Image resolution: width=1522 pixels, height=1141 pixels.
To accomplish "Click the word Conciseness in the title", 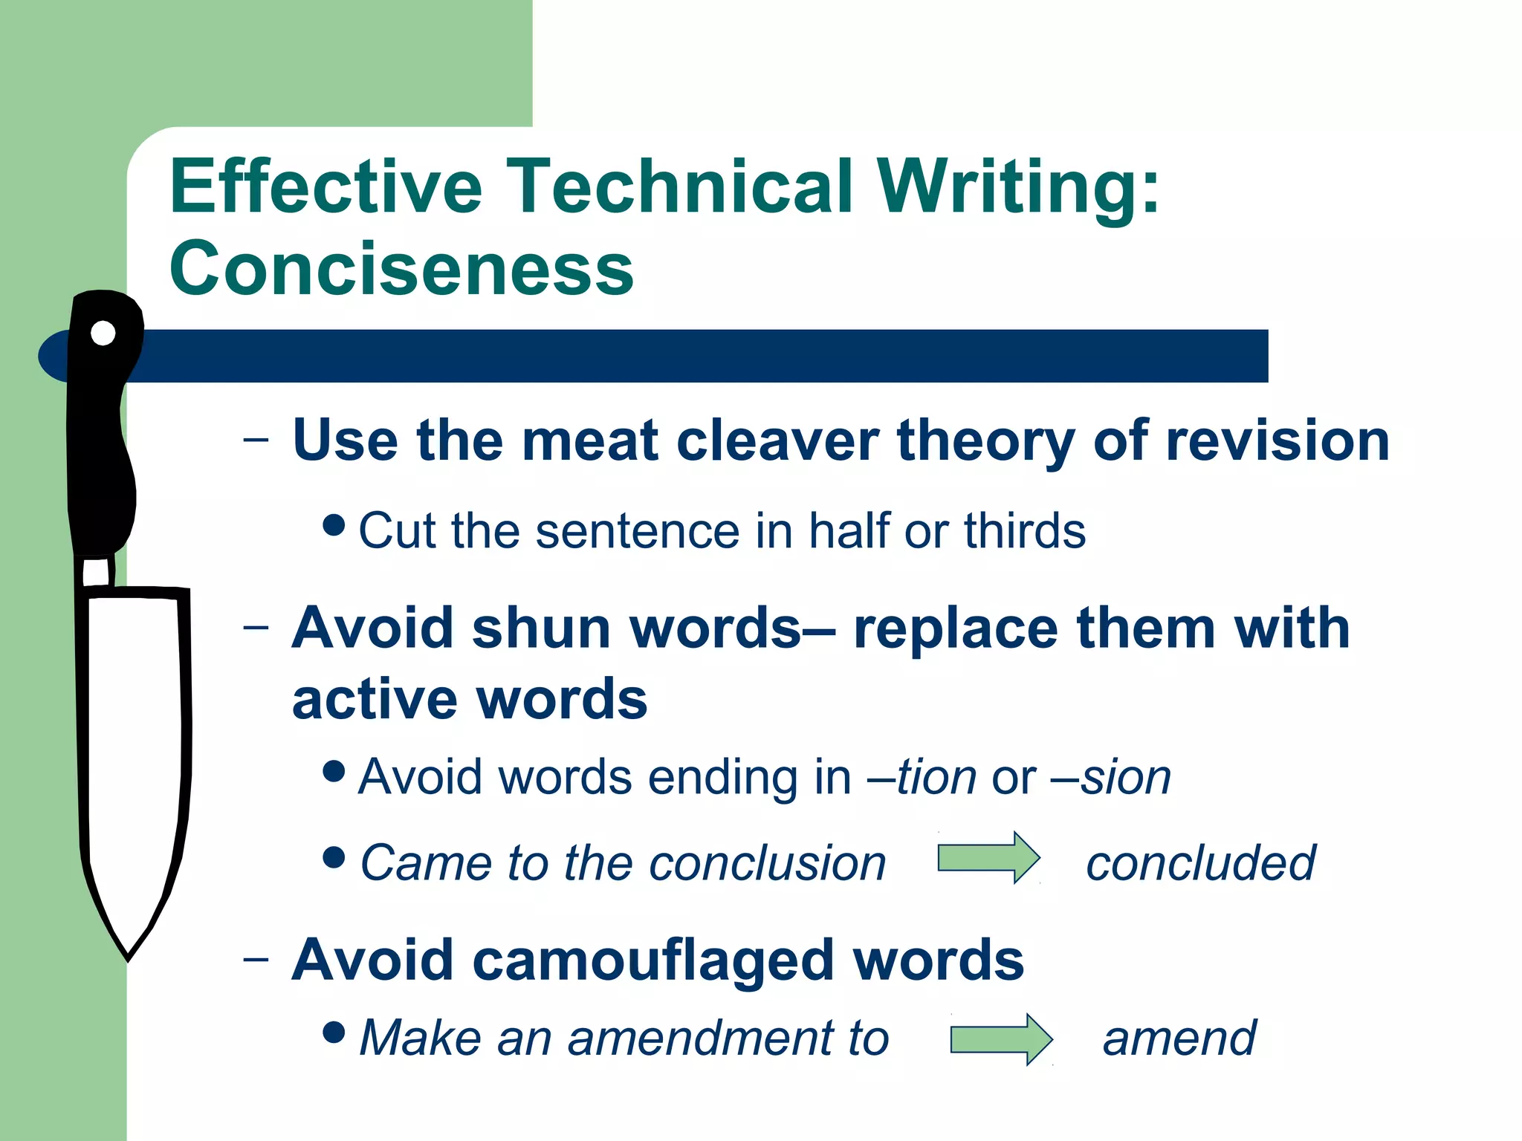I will [x=401, y=269].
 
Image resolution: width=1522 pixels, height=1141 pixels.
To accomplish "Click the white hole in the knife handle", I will [x=103, y=334].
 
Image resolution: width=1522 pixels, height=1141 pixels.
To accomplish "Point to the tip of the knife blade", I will [x=129, y=957].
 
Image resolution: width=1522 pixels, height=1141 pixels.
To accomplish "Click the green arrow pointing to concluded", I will [x=988, y=858].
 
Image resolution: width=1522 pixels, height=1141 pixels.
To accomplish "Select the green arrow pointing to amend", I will [x=1001, y=1039].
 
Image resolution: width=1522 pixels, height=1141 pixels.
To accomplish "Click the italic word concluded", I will [x=1200, y=863].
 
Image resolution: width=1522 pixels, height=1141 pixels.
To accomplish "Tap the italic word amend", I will [x=1179, y=1038].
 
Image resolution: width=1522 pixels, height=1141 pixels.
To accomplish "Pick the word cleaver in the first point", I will [x=777, y=441].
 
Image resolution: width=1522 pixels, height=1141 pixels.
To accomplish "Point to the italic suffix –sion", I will [x=1111, y=777].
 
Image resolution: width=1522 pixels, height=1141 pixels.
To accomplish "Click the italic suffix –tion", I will [x=922, y=777].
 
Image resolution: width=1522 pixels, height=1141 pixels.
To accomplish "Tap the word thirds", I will [x=1025, y=531].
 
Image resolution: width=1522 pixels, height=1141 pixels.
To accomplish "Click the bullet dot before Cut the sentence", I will [x=334, y=525].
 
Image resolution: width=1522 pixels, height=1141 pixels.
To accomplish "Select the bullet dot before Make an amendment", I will [x=334, y=1032].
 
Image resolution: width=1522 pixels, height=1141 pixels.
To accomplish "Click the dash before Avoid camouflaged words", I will [x=256, y=958].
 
